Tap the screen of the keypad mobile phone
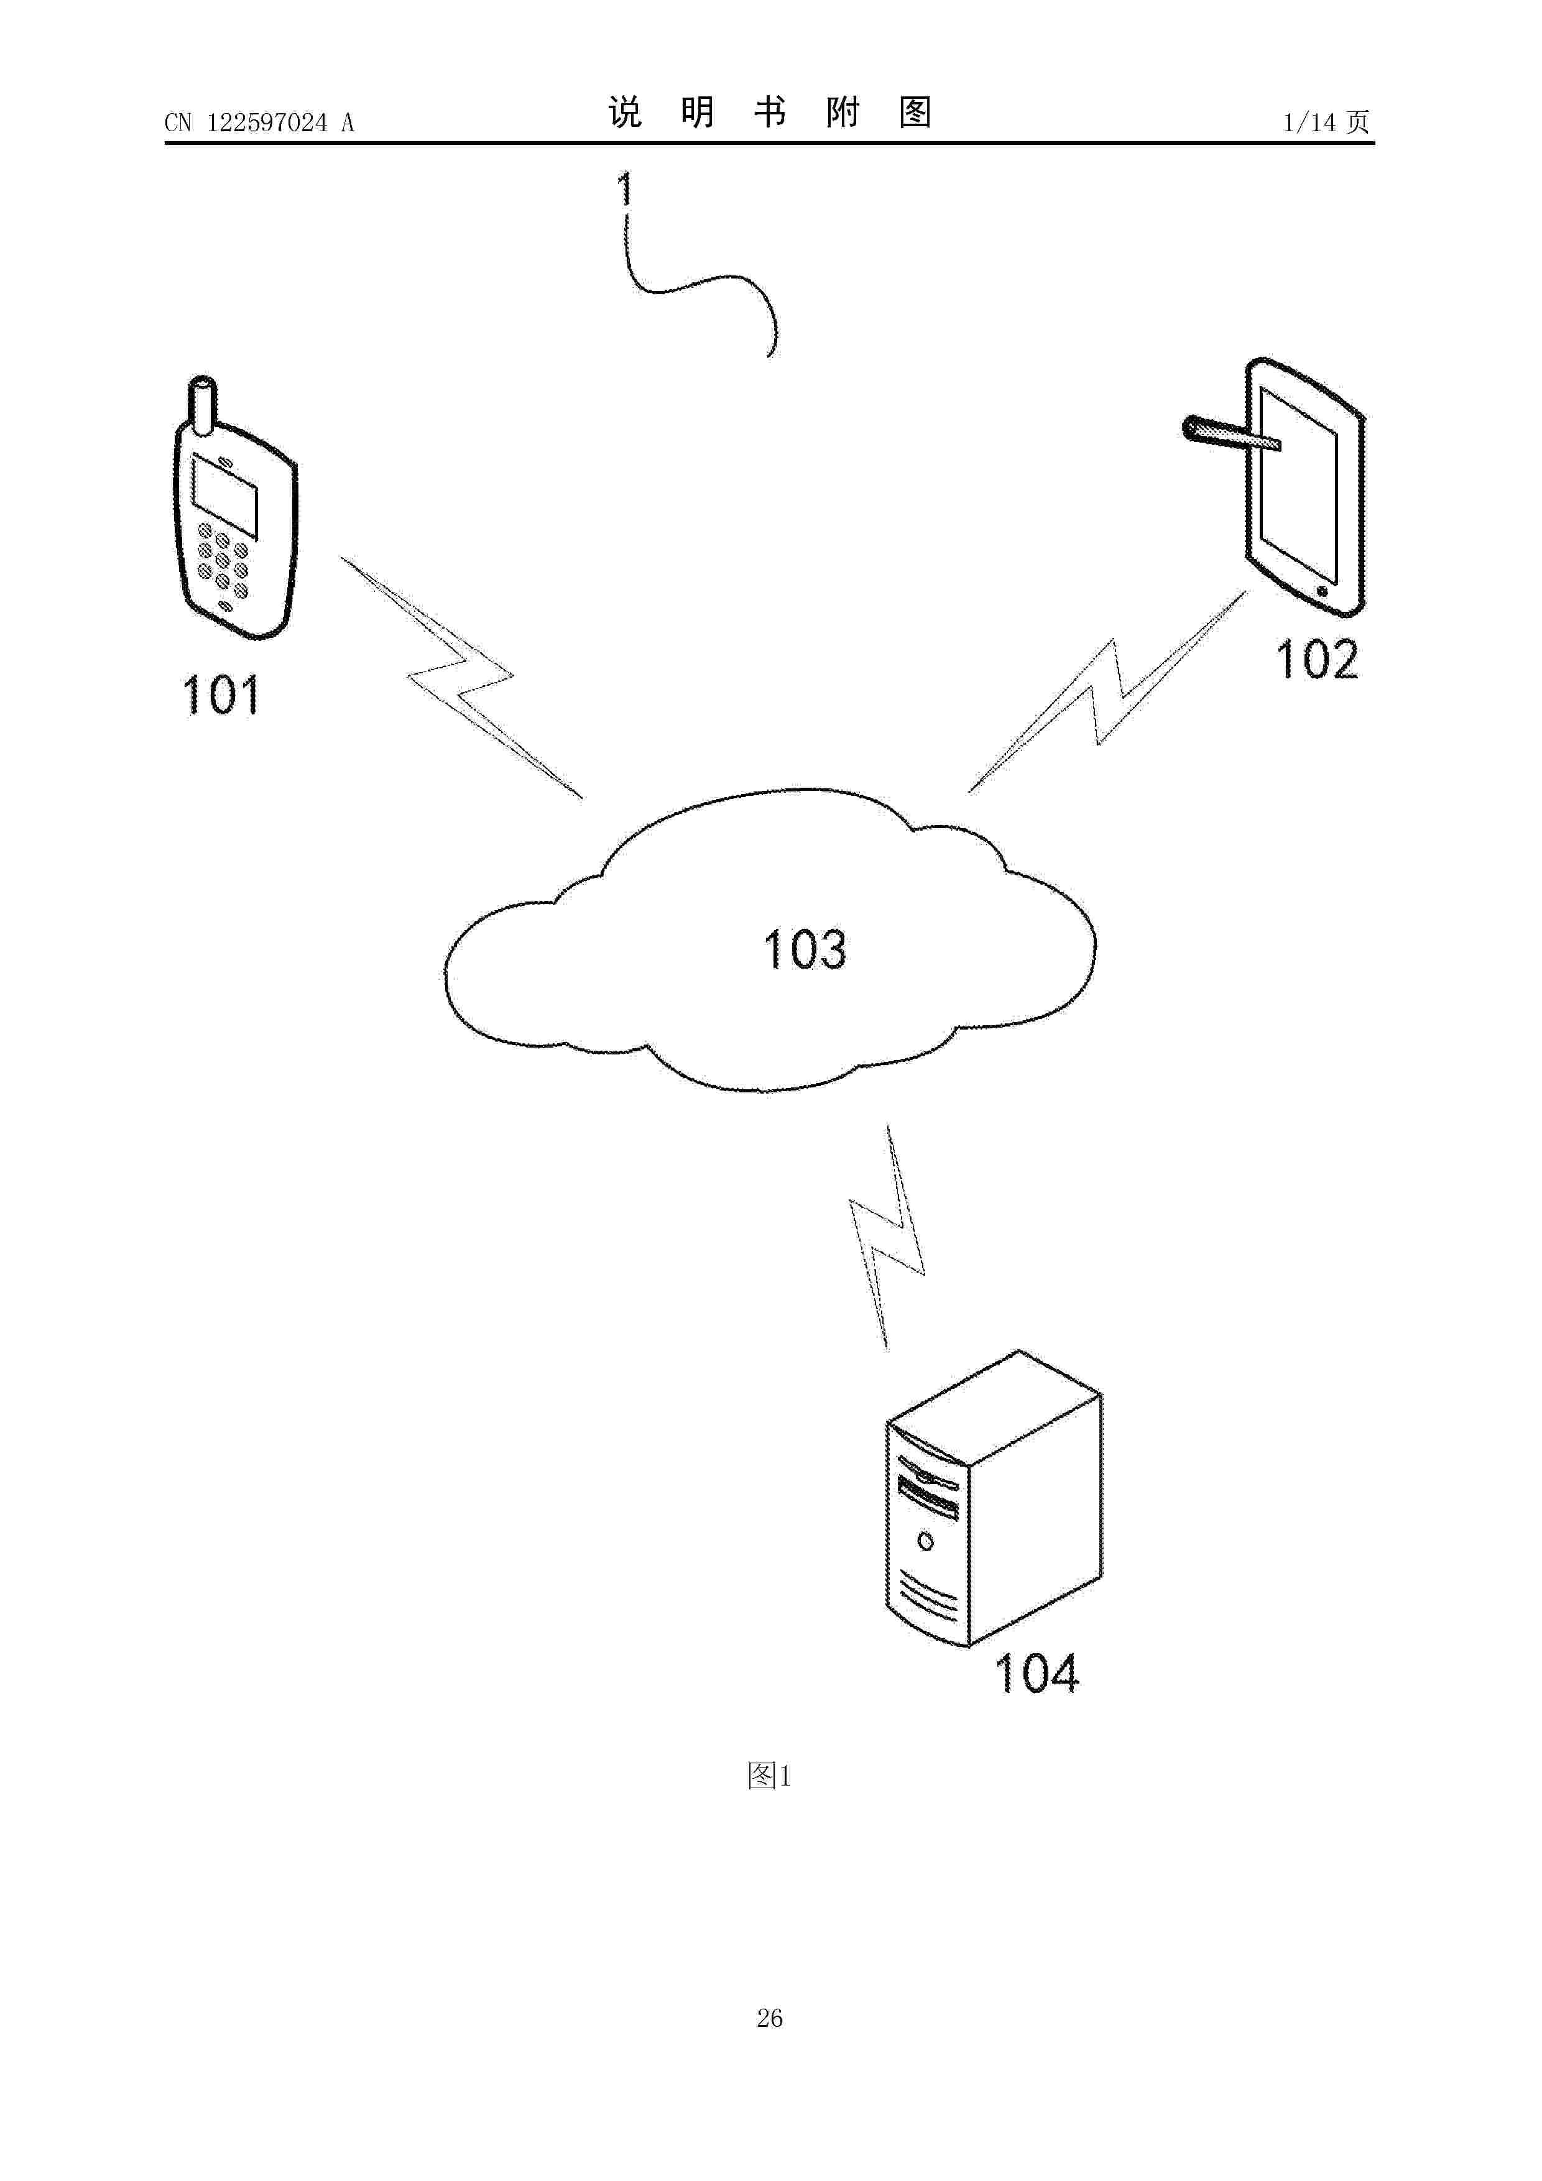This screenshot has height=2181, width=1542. coord(225,496)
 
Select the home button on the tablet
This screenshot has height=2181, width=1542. coord(1323,591)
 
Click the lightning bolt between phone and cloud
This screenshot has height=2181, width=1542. coord(461,676)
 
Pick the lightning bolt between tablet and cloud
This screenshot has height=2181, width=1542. coord(1107,691)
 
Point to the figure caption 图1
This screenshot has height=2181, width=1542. coord(770,1774)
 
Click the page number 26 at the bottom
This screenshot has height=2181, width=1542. coord(770,2017)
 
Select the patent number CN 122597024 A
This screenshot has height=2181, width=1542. coord(259,122)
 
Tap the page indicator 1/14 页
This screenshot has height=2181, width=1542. coord(1326,122)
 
